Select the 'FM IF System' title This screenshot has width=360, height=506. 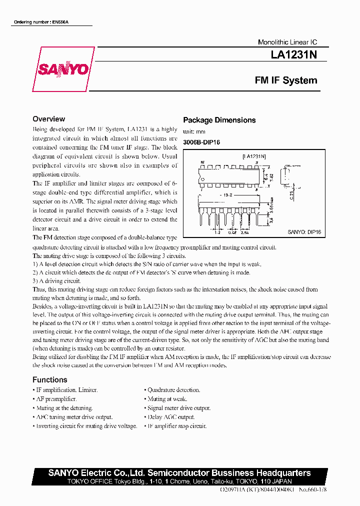point(285,80)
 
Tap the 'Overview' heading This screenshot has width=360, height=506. point(48,119)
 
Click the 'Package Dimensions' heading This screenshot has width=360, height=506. point(219,120)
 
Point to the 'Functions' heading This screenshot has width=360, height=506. point(49,379)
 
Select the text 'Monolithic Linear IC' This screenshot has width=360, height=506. point(287,42)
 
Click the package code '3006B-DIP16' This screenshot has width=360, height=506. point(201,142)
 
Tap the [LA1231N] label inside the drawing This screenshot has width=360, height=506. point(254,156)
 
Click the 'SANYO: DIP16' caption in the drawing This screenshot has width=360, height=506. point(304,232)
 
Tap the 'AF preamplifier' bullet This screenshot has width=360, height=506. point(56,399)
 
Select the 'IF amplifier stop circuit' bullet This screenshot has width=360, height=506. point(176,426)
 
